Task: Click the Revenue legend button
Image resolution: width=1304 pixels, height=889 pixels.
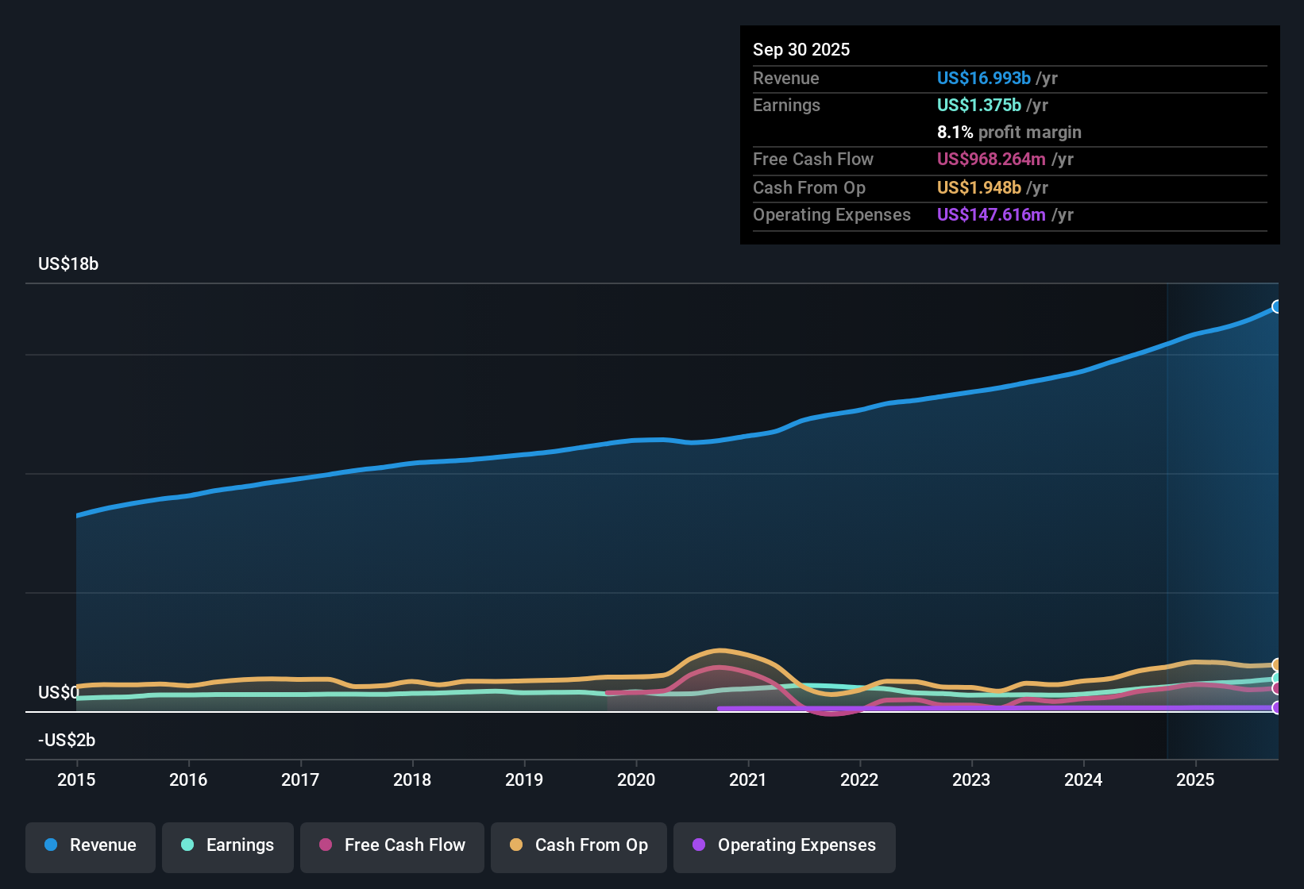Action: [91, 845]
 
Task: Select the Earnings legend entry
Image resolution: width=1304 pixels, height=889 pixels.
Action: [228, 845]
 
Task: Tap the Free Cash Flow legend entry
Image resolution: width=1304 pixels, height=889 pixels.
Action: [392, 845]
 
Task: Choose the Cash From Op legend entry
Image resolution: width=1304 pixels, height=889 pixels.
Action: [579, 845]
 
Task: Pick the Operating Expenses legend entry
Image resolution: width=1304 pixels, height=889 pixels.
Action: [785, 845]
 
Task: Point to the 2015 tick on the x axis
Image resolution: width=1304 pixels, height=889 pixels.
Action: [76, 779]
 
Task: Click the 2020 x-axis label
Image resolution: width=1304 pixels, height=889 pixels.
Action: [636, 779]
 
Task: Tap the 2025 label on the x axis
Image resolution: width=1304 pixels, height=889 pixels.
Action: [1195, 779]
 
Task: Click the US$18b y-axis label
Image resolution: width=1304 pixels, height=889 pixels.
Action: [68, 264]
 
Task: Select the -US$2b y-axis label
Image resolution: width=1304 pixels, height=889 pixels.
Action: [67, 741]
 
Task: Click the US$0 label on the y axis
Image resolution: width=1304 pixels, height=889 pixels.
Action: [59, 693]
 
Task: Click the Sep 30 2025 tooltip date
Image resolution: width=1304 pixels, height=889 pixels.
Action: [801, 50]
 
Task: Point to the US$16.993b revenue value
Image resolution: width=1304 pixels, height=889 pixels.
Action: [983, 79]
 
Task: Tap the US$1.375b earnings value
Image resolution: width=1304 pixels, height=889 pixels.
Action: [978, 106]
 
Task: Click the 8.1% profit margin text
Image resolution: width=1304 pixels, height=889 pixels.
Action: [1009, 133]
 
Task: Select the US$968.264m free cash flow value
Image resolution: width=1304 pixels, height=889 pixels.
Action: [990, 160]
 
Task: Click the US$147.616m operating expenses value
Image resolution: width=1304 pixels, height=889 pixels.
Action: [990, 215]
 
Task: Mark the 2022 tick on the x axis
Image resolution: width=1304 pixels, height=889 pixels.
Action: [859, 779]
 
